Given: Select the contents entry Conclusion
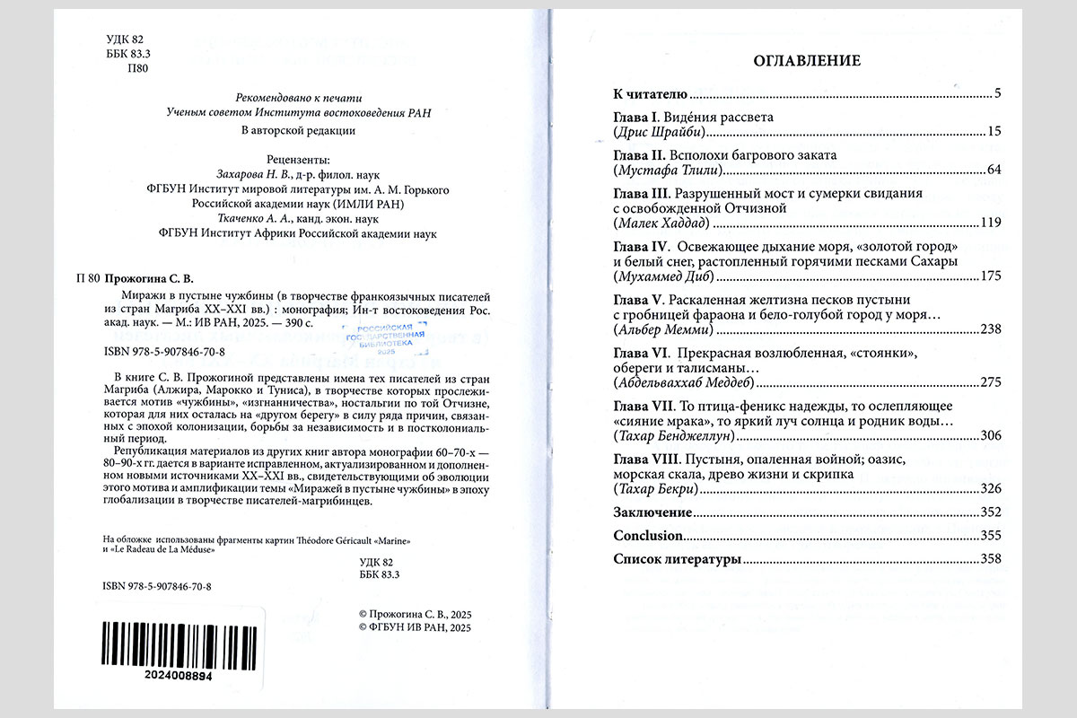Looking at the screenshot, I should (x=648, y=536).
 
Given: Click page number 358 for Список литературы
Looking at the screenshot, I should (x=989, y=559).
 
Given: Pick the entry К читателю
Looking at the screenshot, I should (x=650, y=94).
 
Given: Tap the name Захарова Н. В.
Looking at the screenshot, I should (x=249, y=174).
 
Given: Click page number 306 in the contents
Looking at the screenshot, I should (x=989, y=435).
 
